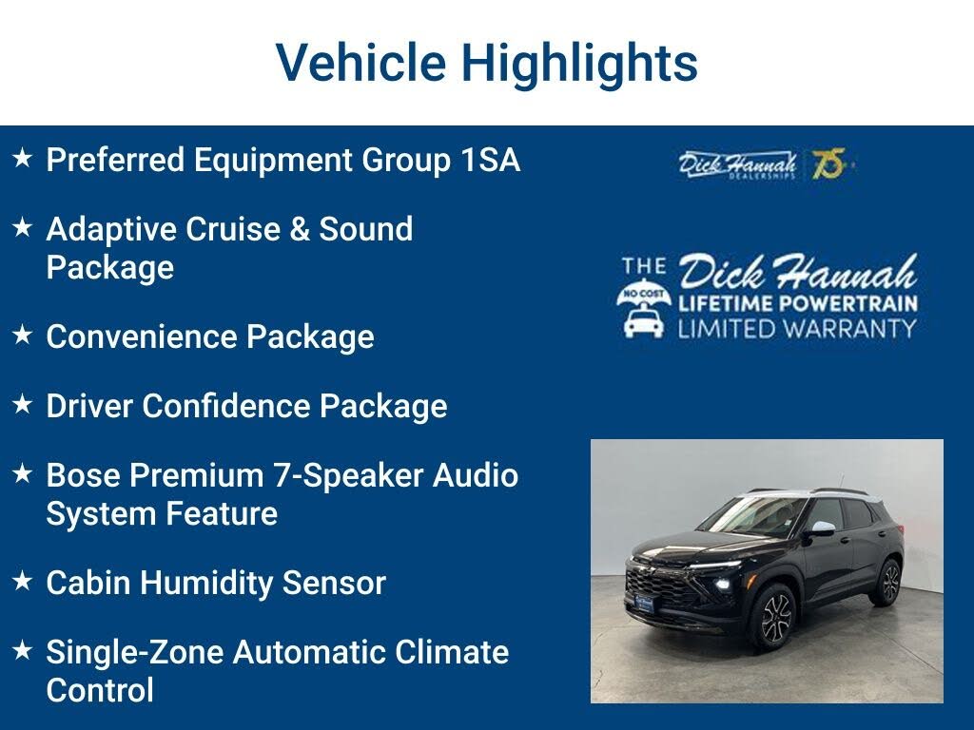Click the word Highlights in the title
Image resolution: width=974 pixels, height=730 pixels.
[579, 64]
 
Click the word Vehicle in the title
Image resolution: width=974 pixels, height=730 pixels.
[360, 62]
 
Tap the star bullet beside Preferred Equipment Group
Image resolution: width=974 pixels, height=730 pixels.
[23, 158]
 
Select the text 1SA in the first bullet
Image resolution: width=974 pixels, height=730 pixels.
[491, 160]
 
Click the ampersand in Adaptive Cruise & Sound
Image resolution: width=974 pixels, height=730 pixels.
[300, 228]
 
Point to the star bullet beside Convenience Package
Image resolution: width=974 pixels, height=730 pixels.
[23, 335]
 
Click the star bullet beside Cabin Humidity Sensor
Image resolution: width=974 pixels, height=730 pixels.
[23, 581]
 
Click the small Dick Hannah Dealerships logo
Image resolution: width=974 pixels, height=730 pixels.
[737, 164]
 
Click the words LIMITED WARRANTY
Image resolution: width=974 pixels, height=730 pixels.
[797, 328]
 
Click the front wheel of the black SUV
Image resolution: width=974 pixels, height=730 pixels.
[774, 618]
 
